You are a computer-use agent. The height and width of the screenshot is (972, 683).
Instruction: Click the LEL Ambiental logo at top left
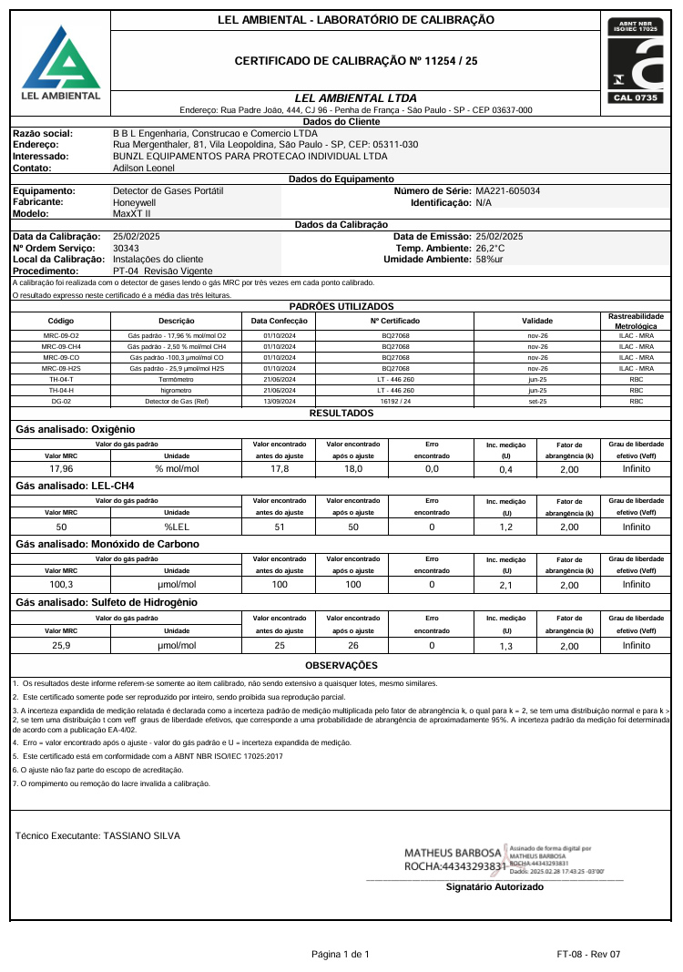click(61, 64)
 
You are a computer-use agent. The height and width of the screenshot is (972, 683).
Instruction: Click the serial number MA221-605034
click(507, 191)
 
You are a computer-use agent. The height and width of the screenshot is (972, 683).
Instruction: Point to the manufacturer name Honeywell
click(135, 202)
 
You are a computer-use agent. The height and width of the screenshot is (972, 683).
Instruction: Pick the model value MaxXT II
click(132, 213)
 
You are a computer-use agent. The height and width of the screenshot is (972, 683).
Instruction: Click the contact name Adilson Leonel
click(143, 168)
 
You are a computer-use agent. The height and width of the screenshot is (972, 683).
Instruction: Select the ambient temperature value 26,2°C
click(490, 248)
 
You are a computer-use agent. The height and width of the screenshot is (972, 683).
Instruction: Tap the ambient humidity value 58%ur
click(490, 260)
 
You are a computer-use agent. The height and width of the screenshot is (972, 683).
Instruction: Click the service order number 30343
click(126, 248)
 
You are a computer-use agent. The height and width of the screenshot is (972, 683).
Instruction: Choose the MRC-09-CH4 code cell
click(61, 346)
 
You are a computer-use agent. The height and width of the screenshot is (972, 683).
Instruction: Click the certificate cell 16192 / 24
click(395, 401)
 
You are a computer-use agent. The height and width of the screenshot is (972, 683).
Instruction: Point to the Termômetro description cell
click(177, 379)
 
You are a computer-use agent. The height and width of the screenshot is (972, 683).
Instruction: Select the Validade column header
click(536, 321)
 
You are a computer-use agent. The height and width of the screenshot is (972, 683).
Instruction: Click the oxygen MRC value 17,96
click(61, 468)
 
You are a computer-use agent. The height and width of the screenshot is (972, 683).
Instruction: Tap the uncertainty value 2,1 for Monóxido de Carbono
click(507, 585)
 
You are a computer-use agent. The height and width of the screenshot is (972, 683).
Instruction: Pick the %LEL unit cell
click(176, 527)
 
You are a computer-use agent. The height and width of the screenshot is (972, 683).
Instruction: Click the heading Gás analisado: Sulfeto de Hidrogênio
click(107, 602)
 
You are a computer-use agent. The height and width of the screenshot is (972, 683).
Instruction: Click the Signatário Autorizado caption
click(494, 886)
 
